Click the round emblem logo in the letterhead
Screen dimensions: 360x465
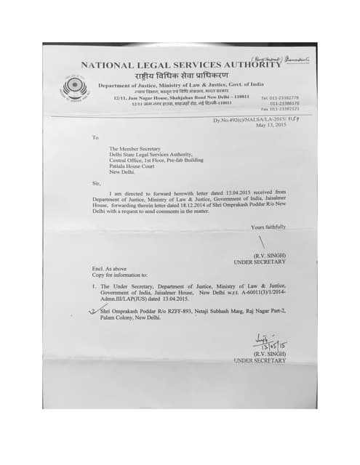tap(72, 88)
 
